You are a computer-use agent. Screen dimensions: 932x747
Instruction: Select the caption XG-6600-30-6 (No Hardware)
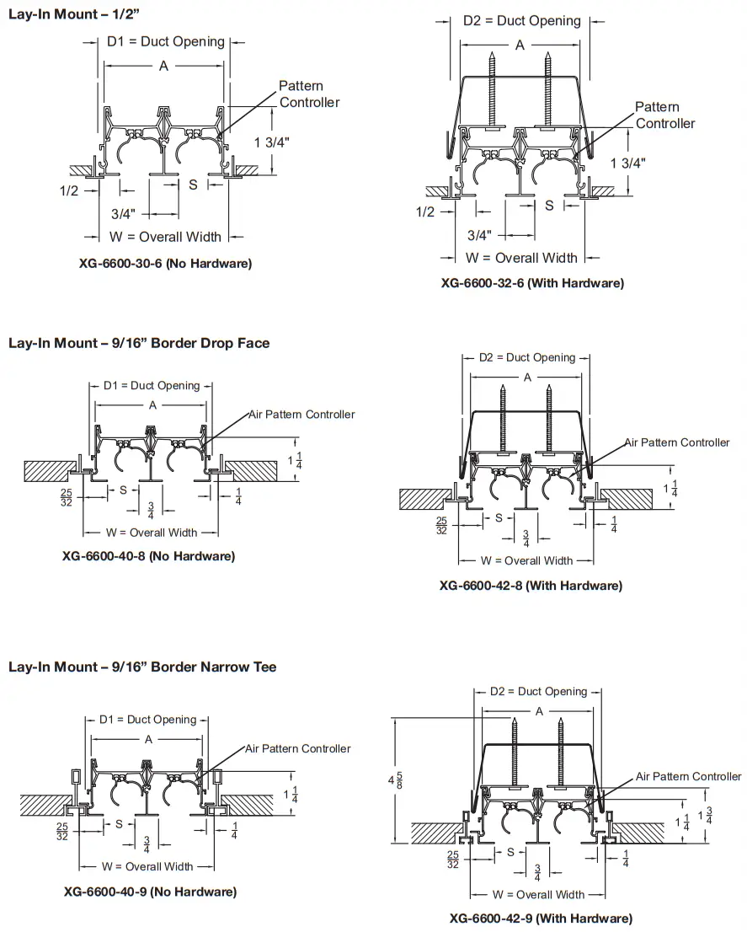pos(165,264)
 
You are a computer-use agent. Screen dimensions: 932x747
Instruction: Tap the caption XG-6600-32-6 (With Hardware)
pos(532,283)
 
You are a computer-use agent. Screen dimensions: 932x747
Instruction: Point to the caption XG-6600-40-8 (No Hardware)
pos(148,556)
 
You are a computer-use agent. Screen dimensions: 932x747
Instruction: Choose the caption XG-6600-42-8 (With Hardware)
pos(531,585)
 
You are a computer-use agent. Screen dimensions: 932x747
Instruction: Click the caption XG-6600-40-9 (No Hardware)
pos(150,892)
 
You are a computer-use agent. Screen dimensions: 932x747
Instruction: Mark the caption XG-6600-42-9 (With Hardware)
pos(541,918)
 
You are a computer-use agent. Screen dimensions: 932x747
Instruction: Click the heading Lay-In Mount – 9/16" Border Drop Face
pos(139,343)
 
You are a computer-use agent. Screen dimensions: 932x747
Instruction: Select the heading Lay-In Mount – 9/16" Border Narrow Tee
pos(142,667)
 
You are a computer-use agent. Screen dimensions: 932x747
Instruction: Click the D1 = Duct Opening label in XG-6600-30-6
pos(165,42)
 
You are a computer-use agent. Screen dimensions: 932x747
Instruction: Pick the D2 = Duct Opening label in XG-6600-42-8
pos(527,358)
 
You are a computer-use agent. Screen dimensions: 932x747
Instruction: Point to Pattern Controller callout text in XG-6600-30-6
pos(309,94)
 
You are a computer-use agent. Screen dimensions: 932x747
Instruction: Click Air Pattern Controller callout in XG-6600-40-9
pos(297,748)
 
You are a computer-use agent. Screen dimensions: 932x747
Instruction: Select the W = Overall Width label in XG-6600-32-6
pos(521,258)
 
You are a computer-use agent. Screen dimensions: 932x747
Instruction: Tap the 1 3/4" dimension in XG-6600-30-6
pos(272,142)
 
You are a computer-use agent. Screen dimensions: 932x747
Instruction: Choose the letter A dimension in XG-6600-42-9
pos(539,711)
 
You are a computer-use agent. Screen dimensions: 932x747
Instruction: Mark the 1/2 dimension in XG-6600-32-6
pos(426,212)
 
